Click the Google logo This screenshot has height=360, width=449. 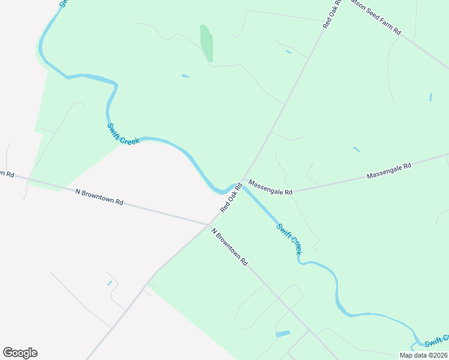pyautogui.click(x=20, y=353)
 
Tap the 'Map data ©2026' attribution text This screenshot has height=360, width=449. pyautogui.click(x=423, y=355)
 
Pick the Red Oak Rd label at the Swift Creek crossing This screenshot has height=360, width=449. pyautogui.click(x=231, y=197)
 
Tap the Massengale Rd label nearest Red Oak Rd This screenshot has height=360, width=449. pyautogui.click(x=270, y=188)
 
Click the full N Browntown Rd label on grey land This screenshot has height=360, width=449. pyautogui.click(x=99, y=197)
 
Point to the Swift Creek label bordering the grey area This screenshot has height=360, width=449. pyautogui.click(x=123, y=134)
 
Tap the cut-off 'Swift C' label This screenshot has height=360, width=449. pyautogui.click(x=436, y=340)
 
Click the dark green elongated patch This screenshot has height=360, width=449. pyautogui.click(x=206, y=43)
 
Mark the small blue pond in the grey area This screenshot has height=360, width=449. pyautogui.click(x=109, y=283)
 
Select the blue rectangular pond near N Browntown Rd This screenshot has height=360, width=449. pyautogui.click(x=282, y=334)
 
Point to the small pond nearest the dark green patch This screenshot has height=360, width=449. pyautogui.click(x=185, y=76)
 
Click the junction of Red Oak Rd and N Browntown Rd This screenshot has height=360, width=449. pyautogui.click(x=208, y=224)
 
